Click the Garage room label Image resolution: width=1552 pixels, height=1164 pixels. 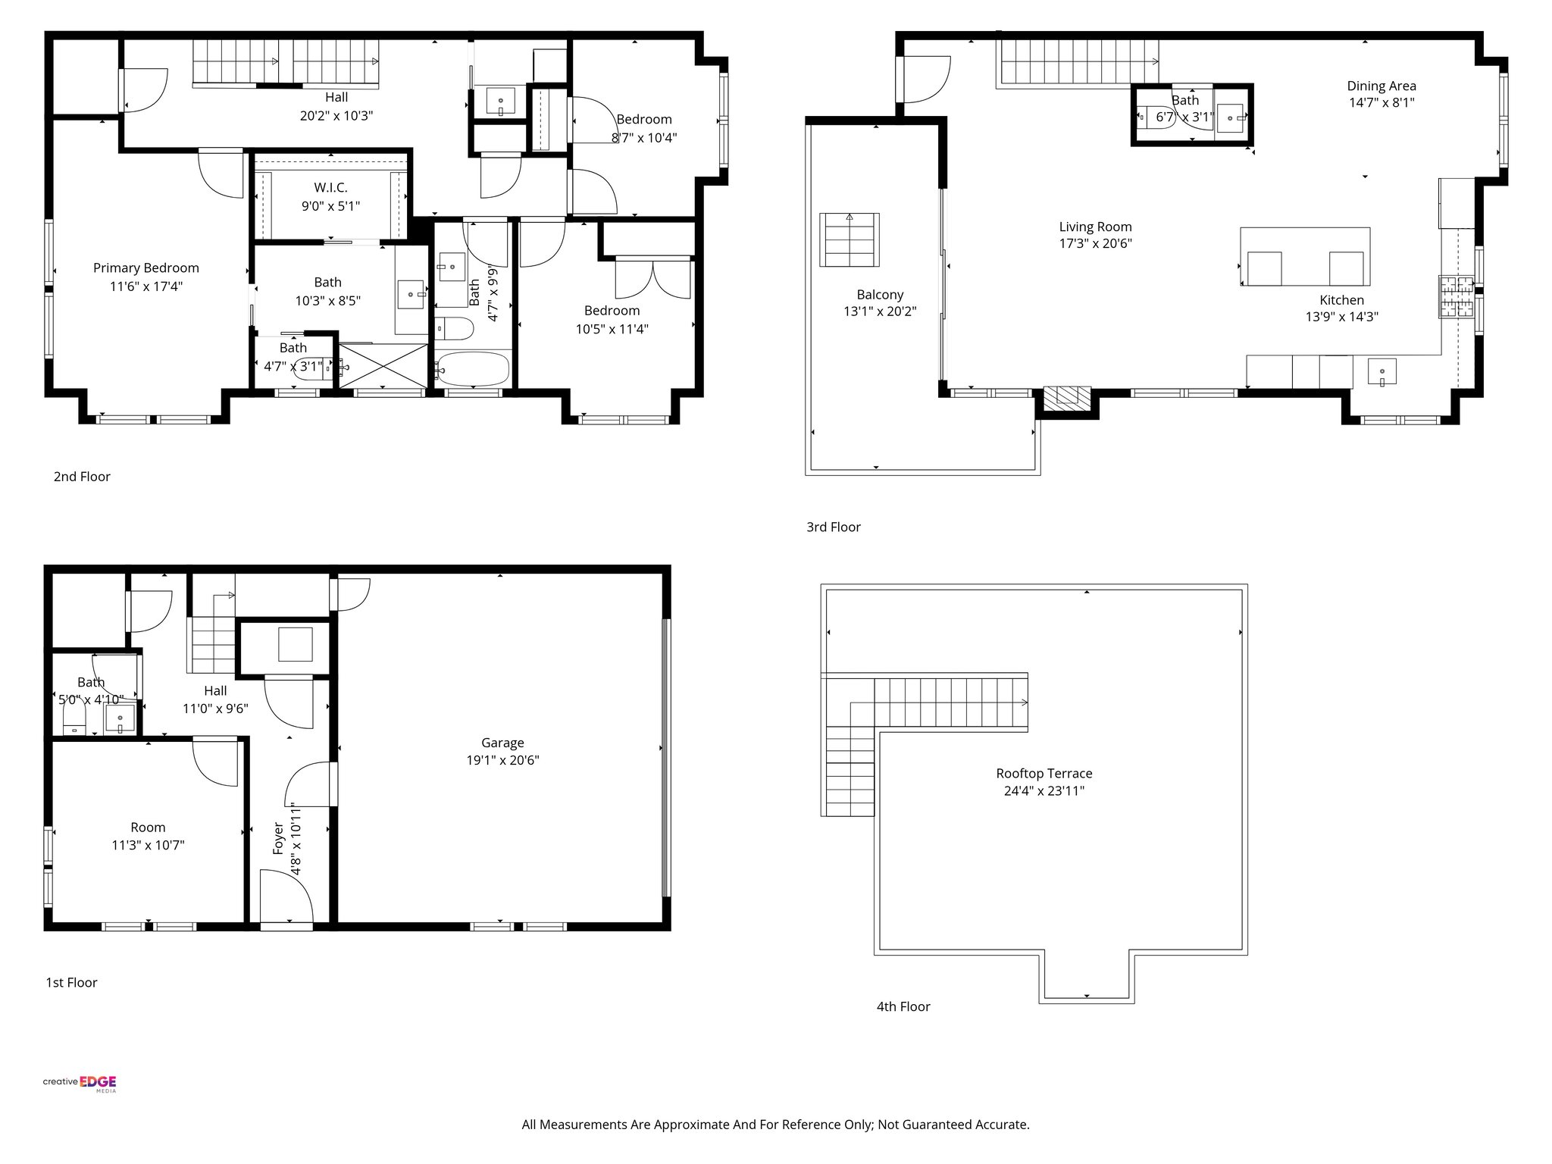coord(502,743)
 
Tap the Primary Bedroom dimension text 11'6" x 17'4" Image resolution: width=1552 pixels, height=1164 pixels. coord(145,286)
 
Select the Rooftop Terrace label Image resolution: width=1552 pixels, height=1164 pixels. coord(1044,774)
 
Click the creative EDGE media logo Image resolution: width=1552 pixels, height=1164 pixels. coord(80,1083)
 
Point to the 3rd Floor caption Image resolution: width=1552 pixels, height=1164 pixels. coord(833,527)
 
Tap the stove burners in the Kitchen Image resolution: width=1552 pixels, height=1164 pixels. coord(1456,297)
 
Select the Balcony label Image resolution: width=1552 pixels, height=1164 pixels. coord(880,295)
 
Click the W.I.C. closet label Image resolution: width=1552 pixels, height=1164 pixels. coord(330,188)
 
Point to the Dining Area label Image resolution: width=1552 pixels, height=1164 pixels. coord(1381,86)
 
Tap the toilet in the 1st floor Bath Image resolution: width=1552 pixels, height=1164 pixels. coord(75,717)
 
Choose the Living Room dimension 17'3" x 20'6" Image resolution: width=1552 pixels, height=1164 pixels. coord(1095,243)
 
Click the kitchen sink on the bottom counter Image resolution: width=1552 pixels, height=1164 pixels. coord(1381,372)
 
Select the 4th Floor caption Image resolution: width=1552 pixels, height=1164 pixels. coord(903,1006)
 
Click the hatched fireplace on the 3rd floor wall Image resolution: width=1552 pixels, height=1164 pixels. coord(1066,396)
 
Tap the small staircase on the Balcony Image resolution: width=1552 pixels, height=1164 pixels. coord(850,239)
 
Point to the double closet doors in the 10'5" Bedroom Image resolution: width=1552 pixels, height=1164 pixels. coord(654,278)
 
